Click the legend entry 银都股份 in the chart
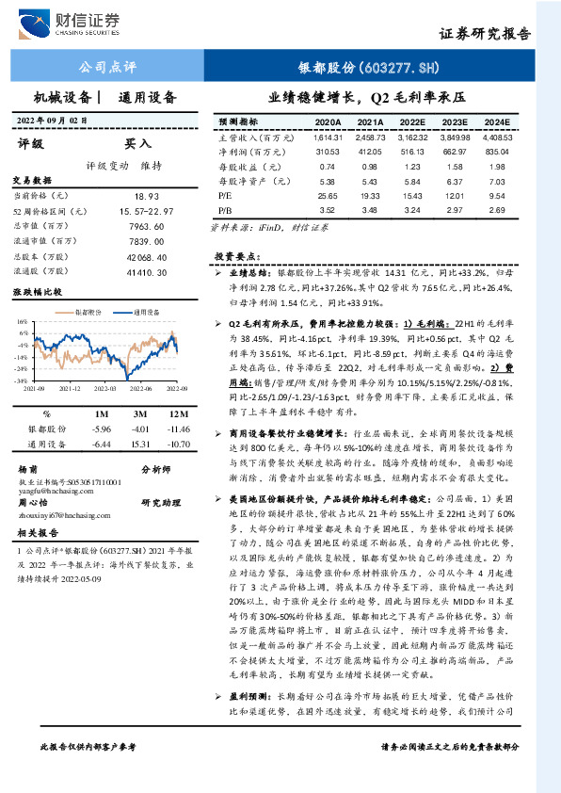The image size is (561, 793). tap(89, 310)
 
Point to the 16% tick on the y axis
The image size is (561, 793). tap(23, 321)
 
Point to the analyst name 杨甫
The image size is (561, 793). tap(28, 468)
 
